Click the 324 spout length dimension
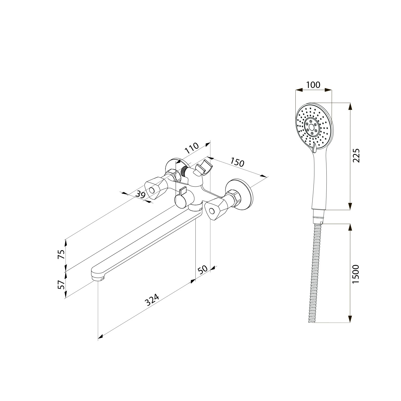click(x=152, y=300)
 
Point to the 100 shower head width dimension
click(x=313, y=85)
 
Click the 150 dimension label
click(x=237, y=163)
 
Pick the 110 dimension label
click(x=192, y=148)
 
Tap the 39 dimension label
click(x=140, y=194)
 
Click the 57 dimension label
click(x=61, y=285)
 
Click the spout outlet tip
click(x=98, y=279)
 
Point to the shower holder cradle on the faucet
click(x=205, y=167)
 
